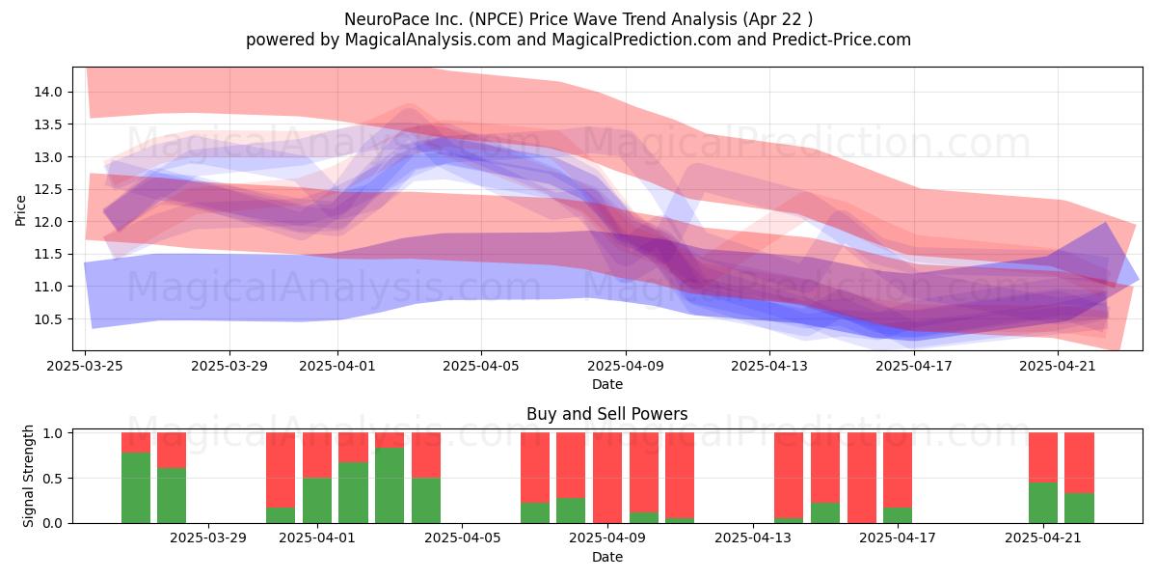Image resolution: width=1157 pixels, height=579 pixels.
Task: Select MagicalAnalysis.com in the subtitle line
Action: pyautogui.click(x=428, y=40)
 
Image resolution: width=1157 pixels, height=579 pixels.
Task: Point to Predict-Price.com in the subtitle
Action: pyautogui.click(x=842, y=40)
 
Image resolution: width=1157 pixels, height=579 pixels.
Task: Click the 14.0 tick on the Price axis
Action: pyautogui.click(x=48, y=92)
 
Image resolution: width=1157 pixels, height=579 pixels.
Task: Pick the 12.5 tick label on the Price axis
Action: pyautogui.click(x=48, y=189)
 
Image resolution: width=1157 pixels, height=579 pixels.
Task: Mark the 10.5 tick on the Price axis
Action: pyautogui.click(x=48, y=319)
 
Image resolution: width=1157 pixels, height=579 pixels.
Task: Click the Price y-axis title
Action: pyautogui.click(x=20, y=210)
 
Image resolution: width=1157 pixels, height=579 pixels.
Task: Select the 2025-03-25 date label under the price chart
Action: pyautogui.click(x=85, y=366)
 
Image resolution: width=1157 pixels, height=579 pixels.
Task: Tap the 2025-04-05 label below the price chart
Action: pyautogui.click(x=481, y=366)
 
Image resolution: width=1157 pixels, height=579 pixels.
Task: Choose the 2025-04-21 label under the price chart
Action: pyautogui.click(x=1058, y=366)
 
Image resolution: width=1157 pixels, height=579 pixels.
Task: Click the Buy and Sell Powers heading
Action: pyautogui.click(x=606, y=414)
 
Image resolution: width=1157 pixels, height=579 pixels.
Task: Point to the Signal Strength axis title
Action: pyautogui.click(x=28, y=476)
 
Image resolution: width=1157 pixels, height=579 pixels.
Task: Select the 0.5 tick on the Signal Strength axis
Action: pyautogui.click(x=53, y=479)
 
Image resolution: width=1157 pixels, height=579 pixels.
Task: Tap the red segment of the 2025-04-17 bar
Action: pyautogui.click(x=898, y=470)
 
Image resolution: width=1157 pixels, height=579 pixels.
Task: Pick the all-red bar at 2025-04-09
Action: pyautogui.click(x=606, y=478)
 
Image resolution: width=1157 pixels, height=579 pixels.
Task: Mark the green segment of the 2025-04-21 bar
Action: pyautogui.click(x=1043, y=503)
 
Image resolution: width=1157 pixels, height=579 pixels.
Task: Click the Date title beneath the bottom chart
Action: pyautogui.click(x=606, y=557)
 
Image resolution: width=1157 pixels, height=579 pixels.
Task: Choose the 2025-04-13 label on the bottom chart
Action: pyautogui.click(x=753, y=538)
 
